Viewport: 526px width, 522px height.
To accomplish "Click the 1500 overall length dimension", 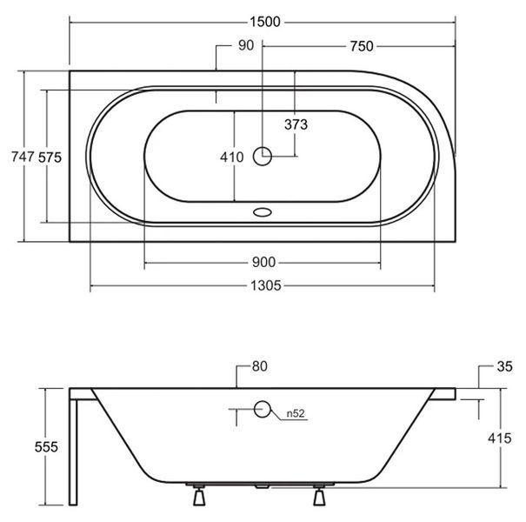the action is click(x=265, y=22).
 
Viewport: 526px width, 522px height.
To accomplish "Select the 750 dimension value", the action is click(x=362, y=46).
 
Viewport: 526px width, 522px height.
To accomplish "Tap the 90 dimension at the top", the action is click(x=246, y=45).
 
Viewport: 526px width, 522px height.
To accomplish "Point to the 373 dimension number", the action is click(x=296, y=124).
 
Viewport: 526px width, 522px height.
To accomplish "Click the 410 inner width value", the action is click(x=232, y=157).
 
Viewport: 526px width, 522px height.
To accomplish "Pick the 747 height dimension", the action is click(x=23, y=157).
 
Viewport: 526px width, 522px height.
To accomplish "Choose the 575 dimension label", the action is click(x=50, y=157).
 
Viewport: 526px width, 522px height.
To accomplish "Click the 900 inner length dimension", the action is click(x=263, y=262).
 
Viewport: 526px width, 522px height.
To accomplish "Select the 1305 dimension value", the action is click(x=266, y=286).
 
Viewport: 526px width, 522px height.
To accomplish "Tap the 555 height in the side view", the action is click(x=46, y=447).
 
